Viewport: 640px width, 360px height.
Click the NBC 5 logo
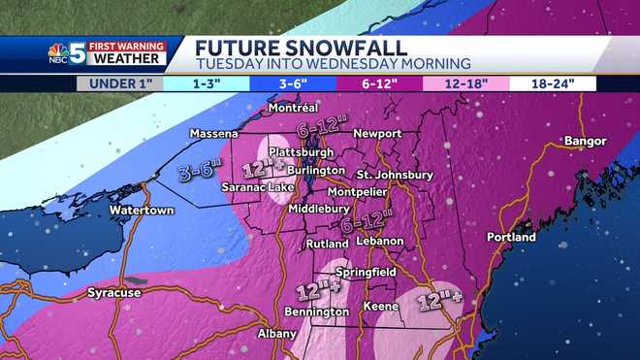[66, 54]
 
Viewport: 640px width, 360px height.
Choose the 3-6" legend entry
[288, 83]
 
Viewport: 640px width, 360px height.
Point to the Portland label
[511, 237]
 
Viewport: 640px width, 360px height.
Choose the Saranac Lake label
[247, 187]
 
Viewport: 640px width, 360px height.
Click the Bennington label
[316, 311]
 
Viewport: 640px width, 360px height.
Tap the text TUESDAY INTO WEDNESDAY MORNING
[333, 63]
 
